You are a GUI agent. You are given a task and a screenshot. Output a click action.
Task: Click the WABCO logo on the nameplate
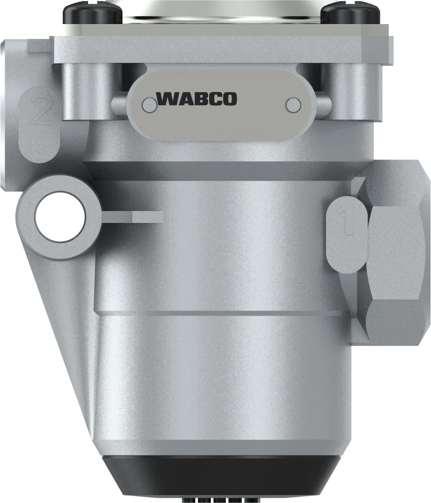196,99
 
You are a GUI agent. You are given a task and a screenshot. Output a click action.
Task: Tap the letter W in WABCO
166,99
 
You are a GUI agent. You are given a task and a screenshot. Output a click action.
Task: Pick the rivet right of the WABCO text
293,104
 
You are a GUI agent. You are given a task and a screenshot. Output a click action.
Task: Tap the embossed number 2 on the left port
42,110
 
